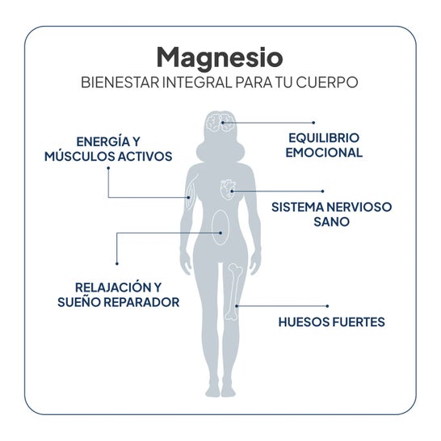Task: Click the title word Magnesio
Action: point(220,59)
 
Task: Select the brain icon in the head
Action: point(220,123)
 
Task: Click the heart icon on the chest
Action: point(228,190)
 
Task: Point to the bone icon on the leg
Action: point(233,292)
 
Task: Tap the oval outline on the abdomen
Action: point(220,227)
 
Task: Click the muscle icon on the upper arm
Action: point(191,195)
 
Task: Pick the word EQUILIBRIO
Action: point(324,138)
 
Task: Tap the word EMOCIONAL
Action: point(324,153)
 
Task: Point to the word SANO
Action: point(332,221)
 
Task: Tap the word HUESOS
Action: point(304,322)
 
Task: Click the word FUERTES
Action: point(359,322)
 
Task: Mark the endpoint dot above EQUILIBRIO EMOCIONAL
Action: point(313,123)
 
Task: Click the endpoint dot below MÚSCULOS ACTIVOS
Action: point(108,168)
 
